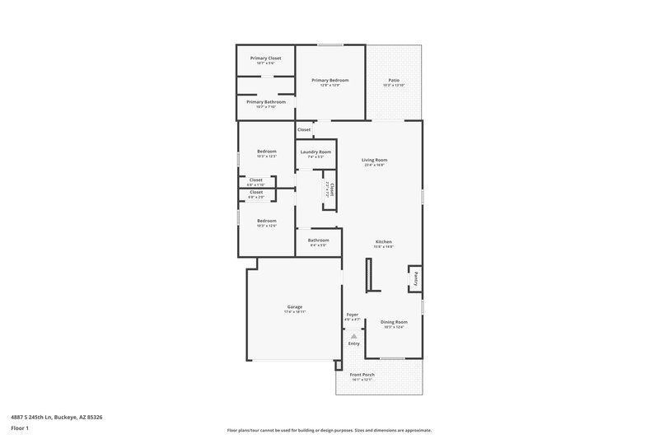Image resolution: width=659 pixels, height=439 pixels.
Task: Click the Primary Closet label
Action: [266, 58]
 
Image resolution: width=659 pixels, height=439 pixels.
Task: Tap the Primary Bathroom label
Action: [266, 101]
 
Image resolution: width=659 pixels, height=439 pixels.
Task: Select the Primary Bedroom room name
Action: [329, 80]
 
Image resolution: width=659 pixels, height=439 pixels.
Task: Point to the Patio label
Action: [394, 80]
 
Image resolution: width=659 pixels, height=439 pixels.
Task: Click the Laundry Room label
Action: [315, 152]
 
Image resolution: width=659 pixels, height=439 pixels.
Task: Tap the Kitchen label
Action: [384, 241]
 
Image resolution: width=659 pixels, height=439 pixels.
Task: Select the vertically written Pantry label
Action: [417, 278]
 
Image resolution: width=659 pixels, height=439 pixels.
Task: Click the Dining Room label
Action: [394, 321]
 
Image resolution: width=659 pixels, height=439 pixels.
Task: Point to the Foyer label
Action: [352, 315]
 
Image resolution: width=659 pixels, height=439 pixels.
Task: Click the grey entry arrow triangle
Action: [353, 336]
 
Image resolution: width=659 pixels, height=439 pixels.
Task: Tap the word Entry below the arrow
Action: [353, 343]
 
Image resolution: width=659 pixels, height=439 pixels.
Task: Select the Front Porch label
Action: [362, 375]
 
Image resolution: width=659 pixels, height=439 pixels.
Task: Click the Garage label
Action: [294, 306]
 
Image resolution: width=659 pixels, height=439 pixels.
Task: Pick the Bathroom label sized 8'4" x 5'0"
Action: [318, 240]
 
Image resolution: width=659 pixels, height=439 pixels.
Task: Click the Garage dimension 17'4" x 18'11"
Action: [294, 312]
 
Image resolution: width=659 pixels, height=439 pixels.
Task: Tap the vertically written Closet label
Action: [332, 189]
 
